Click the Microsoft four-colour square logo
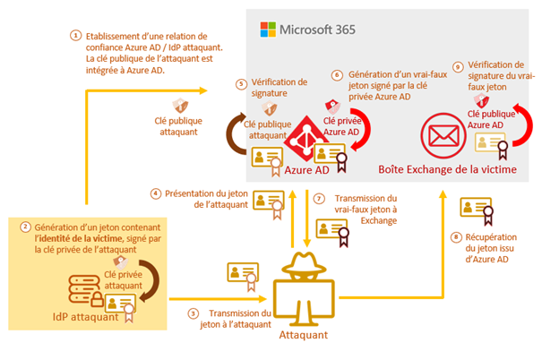point(268,30)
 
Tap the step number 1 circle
point(75,36)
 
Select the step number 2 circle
point(25,227)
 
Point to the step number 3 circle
point(194,313)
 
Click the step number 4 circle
point(156,193)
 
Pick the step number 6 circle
point(337,75)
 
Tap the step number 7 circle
point(319,199)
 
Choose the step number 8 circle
point(456,237)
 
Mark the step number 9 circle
point(458,66)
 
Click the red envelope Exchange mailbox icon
point(443,136)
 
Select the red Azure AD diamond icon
point(305,139)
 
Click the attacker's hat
point(304,263)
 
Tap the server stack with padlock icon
point(86,290)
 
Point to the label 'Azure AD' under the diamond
point(306,170)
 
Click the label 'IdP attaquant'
point(85,317)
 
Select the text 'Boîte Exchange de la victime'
point(447,169)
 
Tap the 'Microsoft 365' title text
point(317,30)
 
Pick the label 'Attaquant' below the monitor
point(304,335)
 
